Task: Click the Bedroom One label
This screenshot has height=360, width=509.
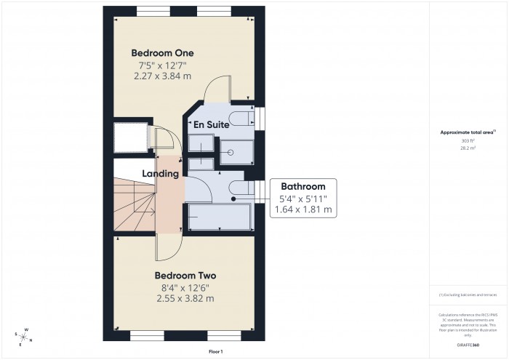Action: (162, 53)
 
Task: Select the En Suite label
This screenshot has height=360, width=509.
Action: (211, 125)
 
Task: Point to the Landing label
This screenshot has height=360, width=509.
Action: (161, 174)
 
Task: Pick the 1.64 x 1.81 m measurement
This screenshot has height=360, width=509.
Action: (303, 209)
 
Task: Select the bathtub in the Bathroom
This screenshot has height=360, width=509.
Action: (219, 217)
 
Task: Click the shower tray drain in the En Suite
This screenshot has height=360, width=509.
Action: (231, 153)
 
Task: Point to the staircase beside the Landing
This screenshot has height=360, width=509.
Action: (135, 205)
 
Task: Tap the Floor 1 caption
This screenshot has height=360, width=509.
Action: (216, 351)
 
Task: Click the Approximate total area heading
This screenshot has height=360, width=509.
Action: (468, 132)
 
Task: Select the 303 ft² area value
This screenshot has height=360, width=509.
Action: (468, 140)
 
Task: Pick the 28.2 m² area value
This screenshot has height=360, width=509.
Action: (468, 148)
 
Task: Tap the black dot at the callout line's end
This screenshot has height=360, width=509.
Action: (233, 198)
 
